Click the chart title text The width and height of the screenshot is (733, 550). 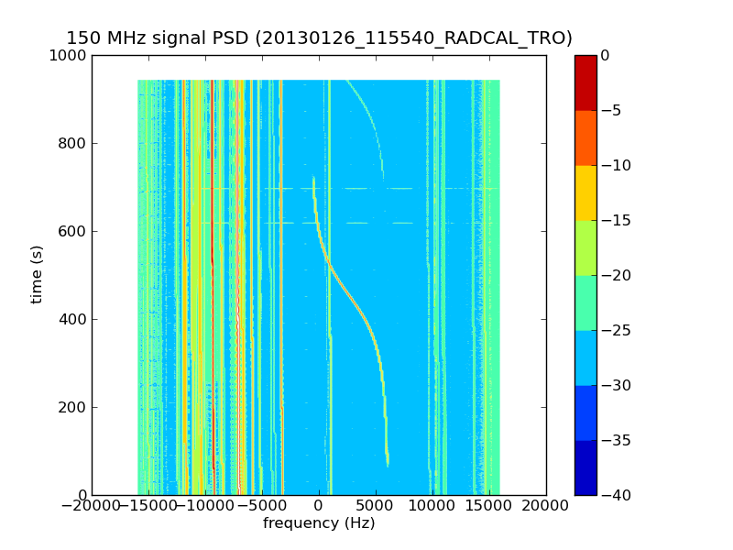click(x=319, y=38)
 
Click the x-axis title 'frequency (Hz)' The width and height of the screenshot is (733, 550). click(x=319, y=523)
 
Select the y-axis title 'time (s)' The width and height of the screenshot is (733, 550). click(x=37, y=274)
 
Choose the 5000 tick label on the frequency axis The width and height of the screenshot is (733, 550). click(x=376, y=505)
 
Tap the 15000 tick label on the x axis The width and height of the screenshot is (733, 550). click(x=489, y=505)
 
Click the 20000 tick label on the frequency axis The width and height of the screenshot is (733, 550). click(x=546, y=505)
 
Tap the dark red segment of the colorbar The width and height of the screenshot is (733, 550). click(x=585, y=82)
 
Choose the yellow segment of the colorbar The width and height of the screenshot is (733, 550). click(x=585, y=192)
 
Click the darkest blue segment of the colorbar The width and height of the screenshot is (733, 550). click(x=585, y=467)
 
